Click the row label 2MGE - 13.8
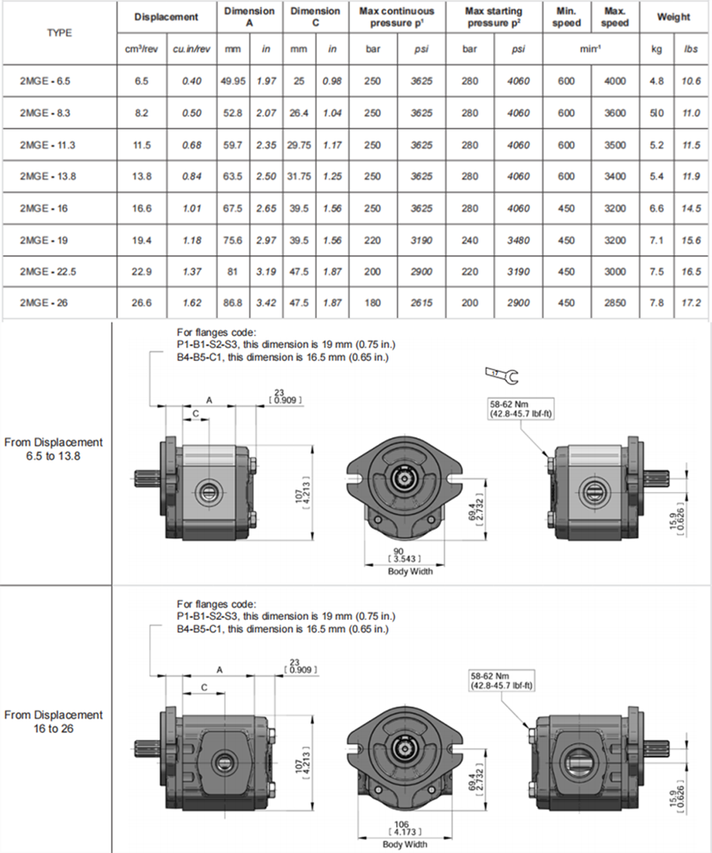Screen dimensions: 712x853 [48, 177]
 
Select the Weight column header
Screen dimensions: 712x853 [673, 17]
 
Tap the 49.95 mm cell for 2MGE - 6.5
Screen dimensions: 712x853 [233, 81]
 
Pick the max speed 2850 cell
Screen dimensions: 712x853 [614, 303]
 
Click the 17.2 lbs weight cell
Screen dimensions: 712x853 [691, 303]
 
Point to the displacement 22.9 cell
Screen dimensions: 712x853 [142, 272]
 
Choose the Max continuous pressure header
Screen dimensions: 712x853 [397, 17]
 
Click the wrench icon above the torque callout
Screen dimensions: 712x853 [502, 375]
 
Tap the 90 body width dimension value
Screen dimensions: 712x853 [398, 551]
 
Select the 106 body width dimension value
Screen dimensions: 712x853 [401, 824]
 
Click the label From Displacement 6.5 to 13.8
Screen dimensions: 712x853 [53, 449]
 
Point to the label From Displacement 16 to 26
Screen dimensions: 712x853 [53, 722]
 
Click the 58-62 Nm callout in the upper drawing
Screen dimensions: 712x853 [521, 409]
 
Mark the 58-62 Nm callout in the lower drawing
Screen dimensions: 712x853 [501, 681]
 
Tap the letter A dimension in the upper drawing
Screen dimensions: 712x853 [209, 400]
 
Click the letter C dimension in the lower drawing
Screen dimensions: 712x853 [204, 688]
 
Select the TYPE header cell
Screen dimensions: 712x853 [59, 33]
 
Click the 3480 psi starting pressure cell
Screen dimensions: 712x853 [518, 240]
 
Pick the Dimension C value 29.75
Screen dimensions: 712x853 [299, 145]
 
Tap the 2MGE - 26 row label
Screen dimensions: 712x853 [44, 303]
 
